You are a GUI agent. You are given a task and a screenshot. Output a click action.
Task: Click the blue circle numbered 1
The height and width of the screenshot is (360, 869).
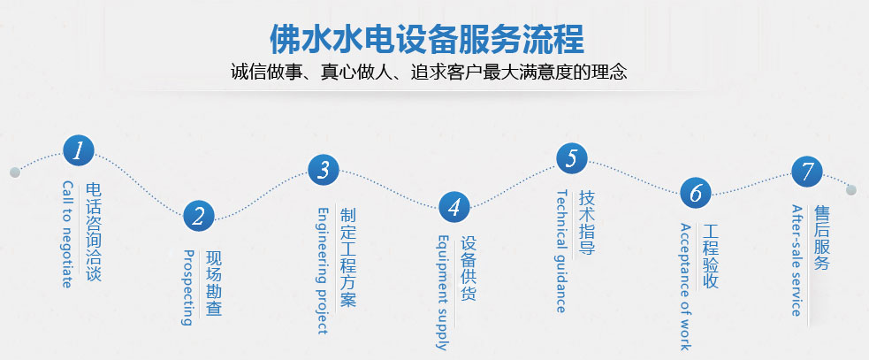[x=79, y=151]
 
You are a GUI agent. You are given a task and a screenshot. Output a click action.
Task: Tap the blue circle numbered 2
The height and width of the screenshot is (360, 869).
[x=199, y=215]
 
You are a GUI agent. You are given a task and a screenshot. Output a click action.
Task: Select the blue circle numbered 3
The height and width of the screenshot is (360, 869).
[x=324, y=169]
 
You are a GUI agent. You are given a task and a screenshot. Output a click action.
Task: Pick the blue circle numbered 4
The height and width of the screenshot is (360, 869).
[x=454, y=207]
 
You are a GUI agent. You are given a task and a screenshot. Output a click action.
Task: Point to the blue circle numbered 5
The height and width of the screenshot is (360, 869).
[x=572, y=158]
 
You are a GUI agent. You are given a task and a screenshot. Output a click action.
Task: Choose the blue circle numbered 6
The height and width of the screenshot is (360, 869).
[x=696, y=193]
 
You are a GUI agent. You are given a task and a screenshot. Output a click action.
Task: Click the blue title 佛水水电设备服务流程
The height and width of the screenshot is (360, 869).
[x=427, y=40]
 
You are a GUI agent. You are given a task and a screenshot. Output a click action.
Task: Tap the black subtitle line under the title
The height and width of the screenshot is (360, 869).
[x=429, y=73]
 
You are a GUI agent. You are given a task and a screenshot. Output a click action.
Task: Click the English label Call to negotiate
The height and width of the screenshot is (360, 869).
[x=67, y=234]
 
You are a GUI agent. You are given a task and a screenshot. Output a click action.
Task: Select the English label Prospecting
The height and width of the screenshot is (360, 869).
[x=188, y=287]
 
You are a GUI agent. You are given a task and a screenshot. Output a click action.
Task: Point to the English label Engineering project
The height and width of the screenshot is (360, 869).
[x=323, y=271]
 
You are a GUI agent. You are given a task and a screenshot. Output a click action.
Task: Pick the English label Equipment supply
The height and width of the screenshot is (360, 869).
[x=443, y=292]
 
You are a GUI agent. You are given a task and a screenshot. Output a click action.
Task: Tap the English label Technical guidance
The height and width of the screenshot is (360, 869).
[x=561, y=251]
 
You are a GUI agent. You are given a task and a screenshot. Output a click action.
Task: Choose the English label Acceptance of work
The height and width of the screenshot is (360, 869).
[x=685, y=287]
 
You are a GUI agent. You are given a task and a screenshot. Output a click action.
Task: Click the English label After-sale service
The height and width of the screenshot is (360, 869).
[x=797, y=260]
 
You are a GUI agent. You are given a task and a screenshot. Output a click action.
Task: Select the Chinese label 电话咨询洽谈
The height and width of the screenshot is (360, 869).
[x=94, y=232]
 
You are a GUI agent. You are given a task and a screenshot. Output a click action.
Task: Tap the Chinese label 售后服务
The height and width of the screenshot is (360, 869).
[x=822, y=238]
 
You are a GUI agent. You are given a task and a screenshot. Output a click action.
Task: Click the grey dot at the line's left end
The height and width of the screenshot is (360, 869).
[x=15, y=172]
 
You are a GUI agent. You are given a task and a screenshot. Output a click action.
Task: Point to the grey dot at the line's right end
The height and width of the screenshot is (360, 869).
[x=851, y=190]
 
